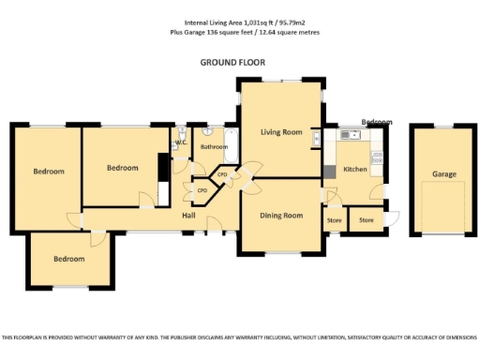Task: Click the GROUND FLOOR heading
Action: coord(232,62)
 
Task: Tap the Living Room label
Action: coord(281,132)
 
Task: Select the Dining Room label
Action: coord(281,216)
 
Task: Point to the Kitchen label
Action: coord(354,169)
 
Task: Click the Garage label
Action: coord(443,174)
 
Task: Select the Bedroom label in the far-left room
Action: coord(49,172)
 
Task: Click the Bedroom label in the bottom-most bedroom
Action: coord(67,259)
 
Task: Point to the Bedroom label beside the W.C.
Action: coord(122,168)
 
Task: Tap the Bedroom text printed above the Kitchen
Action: coord(377,122)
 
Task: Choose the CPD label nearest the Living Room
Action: coord(222,174)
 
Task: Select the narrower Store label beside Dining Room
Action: coord(333,220)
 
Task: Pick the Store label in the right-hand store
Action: coord(367,220)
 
